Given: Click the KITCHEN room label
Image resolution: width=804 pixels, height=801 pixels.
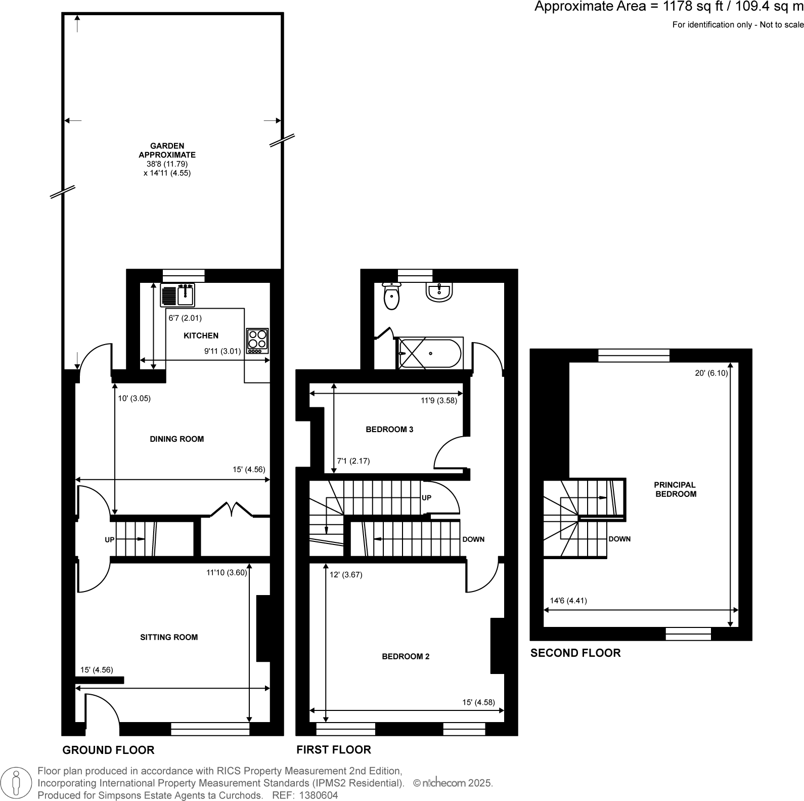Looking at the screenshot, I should click(201, 335).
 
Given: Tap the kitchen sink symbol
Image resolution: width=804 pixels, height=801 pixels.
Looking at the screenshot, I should click(177, 295).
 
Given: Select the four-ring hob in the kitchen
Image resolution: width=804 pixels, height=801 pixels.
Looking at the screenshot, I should click(257, 341).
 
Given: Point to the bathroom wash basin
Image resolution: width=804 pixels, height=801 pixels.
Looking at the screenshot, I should click(439, 293).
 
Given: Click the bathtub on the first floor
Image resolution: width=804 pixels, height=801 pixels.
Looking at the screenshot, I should click(430, 353).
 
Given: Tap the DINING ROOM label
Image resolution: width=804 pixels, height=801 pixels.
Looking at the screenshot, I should click(177, 439).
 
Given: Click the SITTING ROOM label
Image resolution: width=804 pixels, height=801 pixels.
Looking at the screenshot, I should click(169, 637).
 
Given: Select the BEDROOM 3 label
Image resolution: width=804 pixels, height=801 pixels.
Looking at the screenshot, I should click(389, 429).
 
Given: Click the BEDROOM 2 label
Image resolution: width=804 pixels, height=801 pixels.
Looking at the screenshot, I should click(406, 656).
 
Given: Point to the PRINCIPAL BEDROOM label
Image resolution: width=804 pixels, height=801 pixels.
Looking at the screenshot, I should click(676, 489).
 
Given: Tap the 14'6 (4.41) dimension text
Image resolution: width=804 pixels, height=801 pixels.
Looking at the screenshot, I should click(568, 601).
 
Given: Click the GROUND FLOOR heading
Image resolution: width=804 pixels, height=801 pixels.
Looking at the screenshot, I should click(108, 750).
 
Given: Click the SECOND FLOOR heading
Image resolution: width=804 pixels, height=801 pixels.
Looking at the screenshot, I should click(575, 653).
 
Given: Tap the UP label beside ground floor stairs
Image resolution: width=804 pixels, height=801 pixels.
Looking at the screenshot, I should click(110, 540).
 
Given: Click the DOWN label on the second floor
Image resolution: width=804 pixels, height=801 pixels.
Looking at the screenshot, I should click(619, 539).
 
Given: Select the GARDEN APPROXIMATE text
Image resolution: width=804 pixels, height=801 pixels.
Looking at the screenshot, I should click(167, 150).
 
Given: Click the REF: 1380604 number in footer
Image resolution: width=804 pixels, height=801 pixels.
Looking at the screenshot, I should click(305, 795).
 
